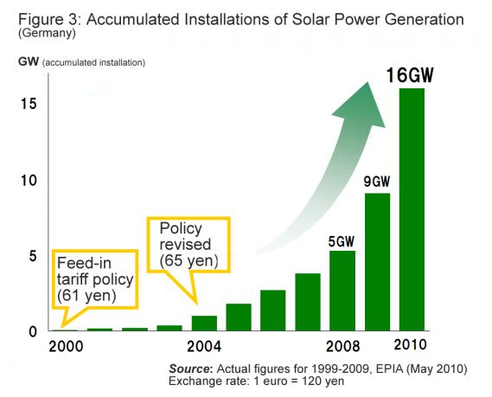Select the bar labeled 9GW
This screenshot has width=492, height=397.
376,261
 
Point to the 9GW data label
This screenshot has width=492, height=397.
376,182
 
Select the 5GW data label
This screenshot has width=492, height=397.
342,240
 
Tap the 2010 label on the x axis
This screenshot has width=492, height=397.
411,347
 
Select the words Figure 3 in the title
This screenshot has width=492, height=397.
40,19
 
